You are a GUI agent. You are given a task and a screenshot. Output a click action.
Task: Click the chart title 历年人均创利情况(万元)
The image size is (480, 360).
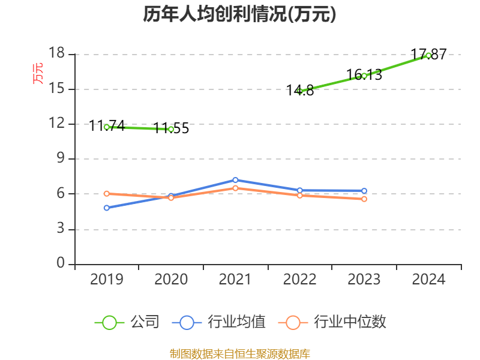tap(239, 14)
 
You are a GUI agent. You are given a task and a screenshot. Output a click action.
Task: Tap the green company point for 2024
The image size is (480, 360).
tap(428, 55)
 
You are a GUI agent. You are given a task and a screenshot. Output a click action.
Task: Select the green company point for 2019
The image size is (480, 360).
tap(107, 127)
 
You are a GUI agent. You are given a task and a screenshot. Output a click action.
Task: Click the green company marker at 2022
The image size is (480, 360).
tap(299, 91)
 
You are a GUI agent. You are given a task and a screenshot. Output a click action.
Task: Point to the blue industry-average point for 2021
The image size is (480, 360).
tap(235, 180)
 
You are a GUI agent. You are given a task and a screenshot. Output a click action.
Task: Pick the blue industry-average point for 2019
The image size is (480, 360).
tap(107, 208)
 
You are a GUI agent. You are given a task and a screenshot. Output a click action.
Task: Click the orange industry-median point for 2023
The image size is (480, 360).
tap(364, 199)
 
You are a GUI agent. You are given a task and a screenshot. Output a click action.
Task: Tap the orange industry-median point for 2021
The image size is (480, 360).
tap(235, 188)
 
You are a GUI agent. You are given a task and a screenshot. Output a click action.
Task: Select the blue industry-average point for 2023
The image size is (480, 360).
tap(364, 191)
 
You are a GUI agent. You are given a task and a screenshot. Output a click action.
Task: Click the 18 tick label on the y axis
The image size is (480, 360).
tap(56, 54)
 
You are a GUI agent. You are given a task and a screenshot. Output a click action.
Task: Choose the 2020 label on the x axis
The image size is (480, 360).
tap(171, 279)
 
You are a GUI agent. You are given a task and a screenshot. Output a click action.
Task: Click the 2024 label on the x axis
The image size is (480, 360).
tap(428, 279)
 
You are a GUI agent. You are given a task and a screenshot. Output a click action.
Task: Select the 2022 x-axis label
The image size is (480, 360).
tap(299, 279)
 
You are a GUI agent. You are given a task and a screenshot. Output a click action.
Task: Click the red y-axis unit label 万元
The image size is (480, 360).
tap(38, 73)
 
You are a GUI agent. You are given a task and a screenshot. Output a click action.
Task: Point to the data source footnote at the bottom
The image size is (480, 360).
tap(239, 353)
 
